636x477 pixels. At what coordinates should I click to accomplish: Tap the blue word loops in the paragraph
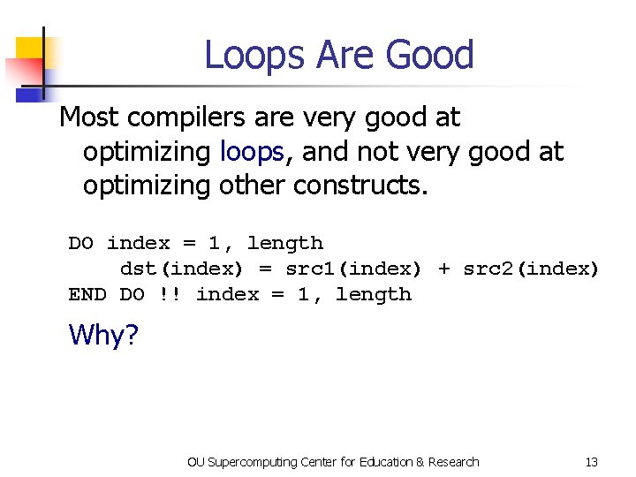tap(252, 152)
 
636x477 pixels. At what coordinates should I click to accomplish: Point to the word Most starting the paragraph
tap(87, 117)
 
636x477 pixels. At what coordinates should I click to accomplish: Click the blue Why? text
tap(103, 335)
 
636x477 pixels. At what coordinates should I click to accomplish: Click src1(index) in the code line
tap(353, 269)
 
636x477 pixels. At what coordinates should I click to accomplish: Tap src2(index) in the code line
tap(531, 269)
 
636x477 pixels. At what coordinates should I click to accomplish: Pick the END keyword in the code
tap(87, 294)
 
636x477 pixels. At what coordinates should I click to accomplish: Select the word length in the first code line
tap(285, 243)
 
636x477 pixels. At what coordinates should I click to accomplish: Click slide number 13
tap(591, 462)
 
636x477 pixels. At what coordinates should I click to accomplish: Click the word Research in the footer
tap(453, 462)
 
